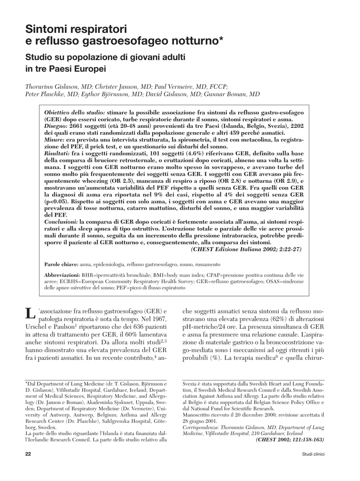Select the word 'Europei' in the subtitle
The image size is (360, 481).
coord(89,69)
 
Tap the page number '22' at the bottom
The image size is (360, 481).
coord(28,454)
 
